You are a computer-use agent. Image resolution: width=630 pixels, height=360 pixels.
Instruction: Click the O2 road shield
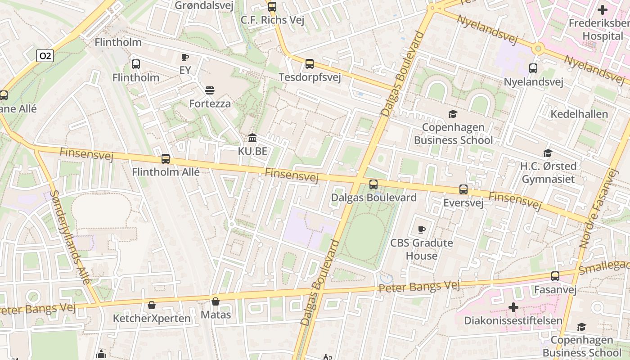pos(45,56)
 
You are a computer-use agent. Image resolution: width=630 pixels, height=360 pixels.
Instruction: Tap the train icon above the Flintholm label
pos(136,64)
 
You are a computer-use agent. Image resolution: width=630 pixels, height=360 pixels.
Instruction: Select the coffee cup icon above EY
pos(184,57)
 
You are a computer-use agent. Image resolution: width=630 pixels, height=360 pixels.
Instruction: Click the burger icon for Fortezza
pos(209,90)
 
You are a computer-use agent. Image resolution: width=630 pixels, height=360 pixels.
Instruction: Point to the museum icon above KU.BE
pos(252,138)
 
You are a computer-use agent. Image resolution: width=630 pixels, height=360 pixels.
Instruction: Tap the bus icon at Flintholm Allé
pos(166,159)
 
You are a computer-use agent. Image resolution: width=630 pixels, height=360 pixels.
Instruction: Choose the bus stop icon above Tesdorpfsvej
pos(310,64)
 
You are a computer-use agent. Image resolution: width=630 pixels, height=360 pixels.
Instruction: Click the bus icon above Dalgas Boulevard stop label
pos(373,184)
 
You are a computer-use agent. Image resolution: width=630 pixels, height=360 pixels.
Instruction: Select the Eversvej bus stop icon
pos(463,189)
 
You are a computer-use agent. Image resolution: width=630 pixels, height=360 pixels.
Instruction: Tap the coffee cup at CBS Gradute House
pos(421,229)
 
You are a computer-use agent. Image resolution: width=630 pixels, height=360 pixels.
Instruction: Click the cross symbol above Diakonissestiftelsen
pos(513,307)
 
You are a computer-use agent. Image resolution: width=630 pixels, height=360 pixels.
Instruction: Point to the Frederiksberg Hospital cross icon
pos(602,10)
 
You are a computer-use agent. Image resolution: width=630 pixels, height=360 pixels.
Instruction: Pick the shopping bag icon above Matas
pos(216,301)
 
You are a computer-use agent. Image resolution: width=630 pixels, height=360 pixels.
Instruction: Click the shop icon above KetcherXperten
pos(152,305)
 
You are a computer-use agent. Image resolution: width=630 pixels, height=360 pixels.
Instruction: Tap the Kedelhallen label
pos(579,114)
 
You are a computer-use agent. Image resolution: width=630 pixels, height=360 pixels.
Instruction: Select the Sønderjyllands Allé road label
pos(70,237)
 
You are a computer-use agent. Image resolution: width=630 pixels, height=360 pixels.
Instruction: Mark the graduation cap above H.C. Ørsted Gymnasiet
pos(548,153)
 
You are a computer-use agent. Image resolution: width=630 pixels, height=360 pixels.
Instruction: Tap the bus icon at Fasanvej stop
pos(555,276)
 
